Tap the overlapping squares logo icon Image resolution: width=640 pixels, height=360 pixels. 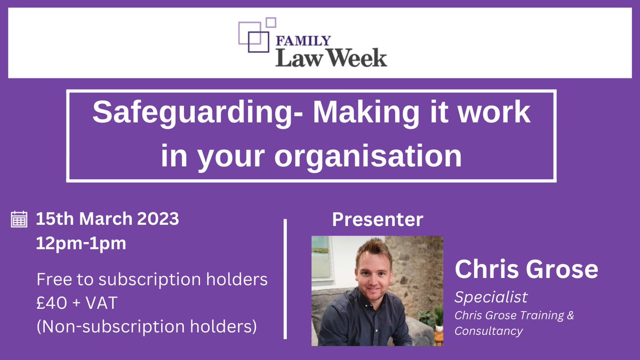(x=257, y=36)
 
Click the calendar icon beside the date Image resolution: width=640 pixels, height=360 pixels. (x=19, y=220)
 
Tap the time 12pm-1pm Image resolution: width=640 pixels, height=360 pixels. (x=81, y=243)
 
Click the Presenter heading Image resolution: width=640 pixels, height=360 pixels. (x=378, y=219)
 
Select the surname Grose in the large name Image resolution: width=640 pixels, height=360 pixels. (x=562, y=270)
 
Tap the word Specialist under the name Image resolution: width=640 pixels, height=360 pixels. (x=491, y=297)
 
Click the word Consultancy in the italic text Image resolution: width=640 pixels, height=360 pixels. (x=488, y=331)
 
